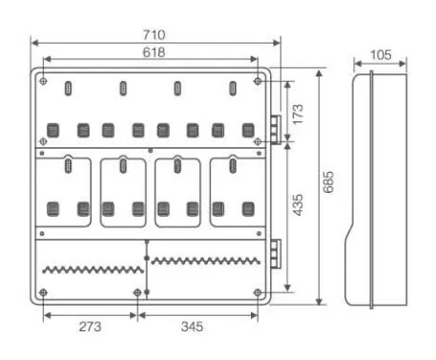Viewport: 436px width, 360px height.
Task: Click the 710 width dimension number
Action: click(154, 34)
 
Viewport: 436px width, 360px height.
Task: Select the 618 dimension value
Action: click(154, 53)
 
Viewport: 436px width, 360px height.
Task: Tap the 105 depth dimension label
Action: click(381, 55)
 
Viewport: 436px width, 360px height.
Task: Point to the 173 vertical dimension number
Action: click(298, 114)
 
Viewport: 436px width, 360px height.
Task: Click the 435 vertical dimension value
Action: click(298, 205)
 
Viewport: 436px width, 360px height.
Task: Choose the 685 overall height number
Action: click(328, 182)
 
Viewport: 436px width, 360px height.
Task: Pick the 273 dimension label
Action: click(91, 327)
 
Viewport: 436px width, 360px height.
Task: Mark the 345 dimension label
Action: click(192, 327)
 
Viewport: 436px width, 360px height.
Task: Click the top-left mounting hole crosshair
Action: click(44, 81)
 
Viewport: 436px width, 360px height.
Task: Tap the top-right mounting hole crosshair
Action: click(258, 81)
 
